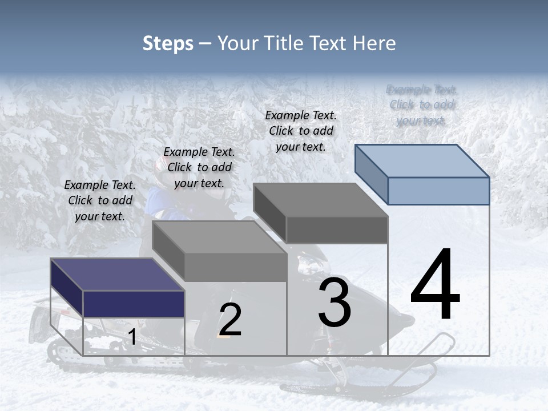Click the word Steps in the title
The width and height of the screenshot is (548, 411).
pos(168,43)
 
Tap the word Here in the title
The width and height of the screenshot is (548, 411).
pos(374,43)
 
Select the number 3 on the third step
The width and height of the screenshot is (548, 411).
pos(335,303)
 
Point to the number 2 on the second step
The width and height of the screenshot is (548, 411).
pos(230,320)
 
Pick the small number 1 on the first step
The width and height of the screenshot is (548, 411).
pos(132,337)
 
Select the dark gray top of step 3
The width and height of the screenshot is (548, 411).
pos(320,200)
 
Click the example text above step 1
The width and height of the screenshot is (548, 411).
pos(100,200)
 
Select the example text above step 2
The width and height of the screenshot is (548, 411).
pos(199,167)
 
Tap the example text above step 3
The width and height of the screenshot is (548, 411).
pos(301,131)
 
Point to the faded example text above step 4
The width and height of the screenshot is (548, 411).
pos(421,105)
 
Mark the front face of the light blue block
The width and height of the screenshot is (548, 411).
pos(438,191)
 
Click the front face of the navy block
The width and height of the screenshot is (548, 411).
pos(134,304)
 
